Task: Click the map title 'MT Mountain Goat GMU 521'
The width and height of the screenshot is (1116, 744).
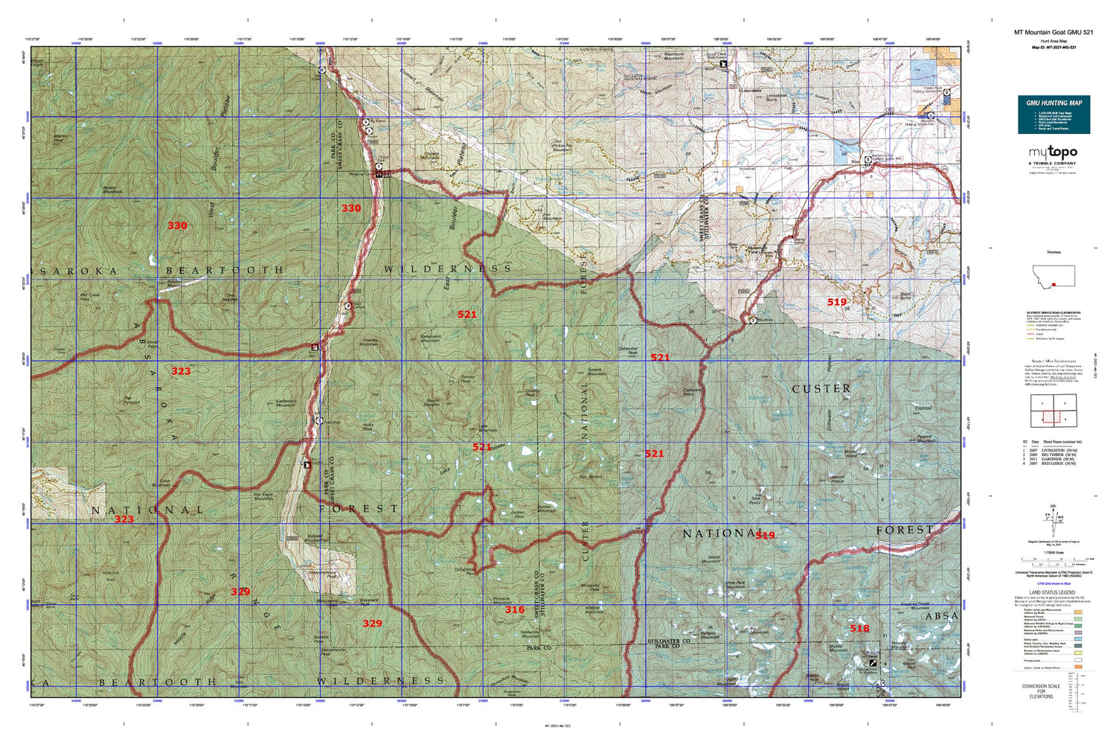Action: (1054, 32)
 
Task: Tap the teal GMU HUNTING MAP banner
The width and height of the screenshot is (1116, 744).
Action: (1054, 103)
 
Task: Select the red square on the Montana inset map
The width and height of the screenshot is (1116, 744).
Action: (1054, 283)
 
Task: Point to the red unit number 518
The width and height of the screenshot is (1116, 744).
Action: (859, 629)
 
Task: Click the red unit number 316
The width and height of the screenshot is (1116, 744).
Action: (514, 609)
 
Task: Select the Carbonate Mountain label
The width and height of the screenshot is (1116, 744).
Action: (286, 403)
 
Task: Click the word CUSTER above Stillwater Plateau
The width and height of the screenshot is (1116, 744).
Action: (821, 389)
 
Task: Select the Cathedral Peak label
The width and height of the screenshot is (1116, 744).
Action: (628, 350)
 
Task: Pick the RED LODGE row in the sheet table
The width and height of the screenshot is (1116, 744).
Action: (1054, 464)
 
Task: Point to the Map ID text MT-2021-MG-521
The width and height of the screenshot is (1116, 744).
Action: (1054, 48)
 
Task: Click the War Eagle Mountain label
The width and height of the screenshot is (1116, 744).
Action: (263, 496)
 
